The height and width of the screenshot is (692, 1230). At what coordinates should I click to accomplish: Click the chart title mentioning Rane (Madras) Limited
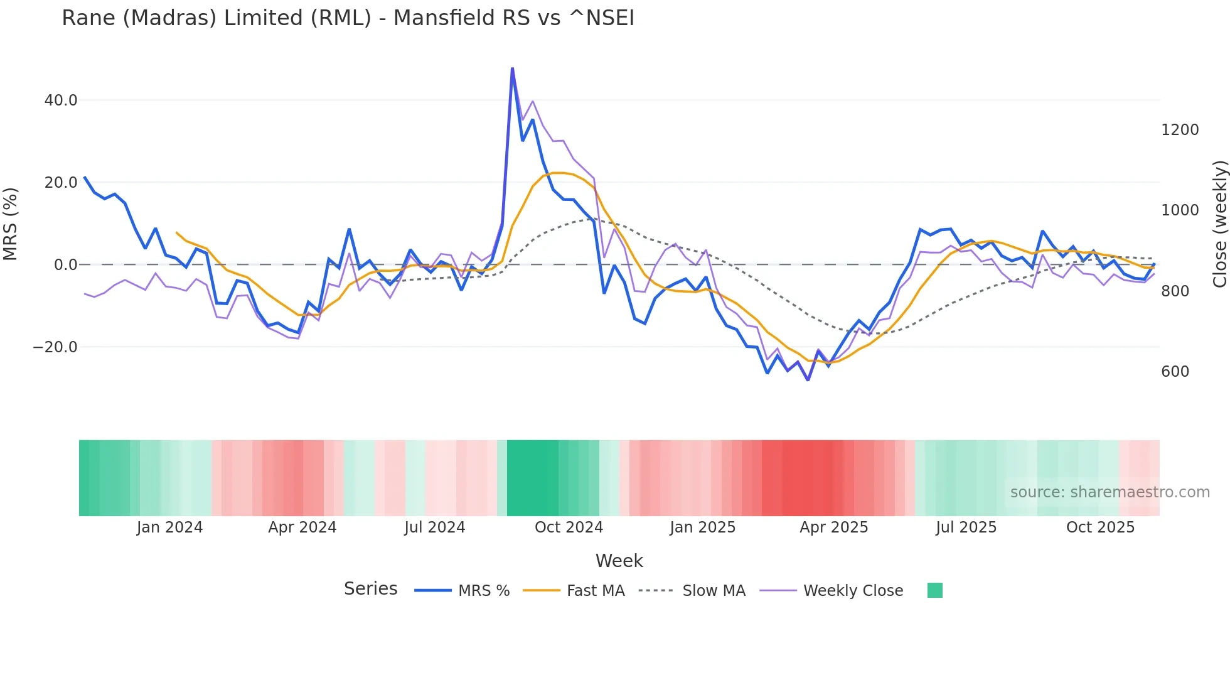click(x=348, y=18)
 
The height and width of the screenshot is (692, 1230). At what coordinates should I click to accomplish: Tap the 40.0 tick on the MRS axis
click(x=61, y=100)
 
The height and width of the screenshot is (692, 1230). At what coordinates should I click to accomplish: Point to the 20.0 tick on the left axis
click(x=61, y=183)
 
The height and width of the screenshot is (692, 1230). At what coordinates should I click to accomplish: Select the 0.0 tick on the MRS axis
click(x=65, y=265)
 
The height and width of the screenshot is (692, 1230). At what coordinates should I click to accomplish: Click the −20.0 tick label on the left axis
click(x=55, y=347)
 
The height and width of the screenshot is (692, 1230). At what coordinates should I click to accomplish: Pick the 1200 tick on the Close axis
click(x=1180, y=130)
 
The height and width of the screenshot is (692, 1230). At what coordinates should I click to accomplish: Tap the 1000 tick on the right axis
click(x=1180, y=210)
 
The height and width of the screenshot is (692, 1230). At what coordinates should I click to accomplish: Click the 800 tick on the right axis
click(x=1175, y=291)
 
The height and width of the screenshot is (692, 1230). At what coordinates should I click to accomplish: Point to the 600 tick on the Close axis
click(x=1175, y=372)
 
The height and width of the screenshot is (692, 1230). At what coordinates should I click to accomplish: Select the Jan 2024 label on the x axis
click(x=169, y=527)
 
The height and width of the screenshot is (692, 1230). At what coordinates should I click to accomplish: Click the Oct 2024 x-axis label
click(x=569, y=527)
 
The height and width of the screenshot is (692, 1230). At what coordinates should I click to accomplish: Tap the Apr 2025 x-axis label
click(x=833, y=527)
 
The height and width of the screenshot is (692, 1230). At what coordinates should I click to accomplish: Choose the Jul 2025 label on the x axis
click(x=966, y=527)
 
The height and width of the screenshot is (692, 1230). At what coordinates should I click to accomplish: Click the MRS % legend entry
click(x=483, y=591)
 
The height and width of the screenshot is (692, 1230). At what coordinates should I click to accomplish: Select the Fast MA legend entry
click(x=595, y=591)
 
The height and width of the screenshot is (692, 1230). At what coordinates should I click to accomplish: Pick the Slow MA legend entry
click(x=714, y=591)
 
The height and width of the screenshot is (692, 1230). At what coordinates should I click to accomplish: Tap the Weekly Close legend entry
click(x=853, y=591)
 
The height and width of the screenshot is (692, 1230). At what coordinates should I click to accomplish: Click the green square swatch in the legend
click(x=934, y=590)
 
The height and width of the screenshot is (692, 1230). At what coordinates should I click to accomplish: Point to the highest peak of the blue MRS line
click(x=512, y=68)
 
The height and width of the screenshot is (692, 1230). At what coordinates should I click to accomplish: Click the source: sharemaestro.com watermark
click(x=1110, y=492)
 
